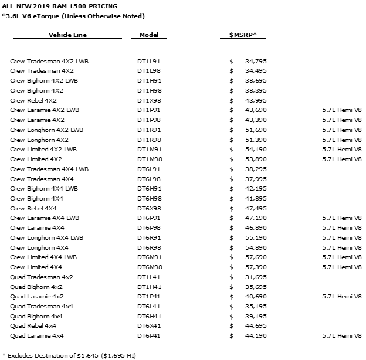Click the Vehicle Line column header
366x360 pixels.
pos(67,35)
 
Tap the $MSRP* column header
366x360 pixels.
pos(247,35)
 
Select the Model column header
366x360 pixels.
pos(149,35)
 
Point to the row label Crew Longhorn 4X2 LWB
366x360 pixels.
pos(47,130)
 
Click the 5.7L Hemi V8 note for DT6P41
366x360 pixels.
pos(341,335)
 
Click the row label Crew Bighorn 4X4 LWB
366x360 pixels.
pos(45,188)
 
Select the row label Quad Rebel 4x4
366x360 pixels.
pos(33,325)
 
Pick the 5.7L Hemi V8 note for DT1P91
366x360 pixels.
pos(341,110)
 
